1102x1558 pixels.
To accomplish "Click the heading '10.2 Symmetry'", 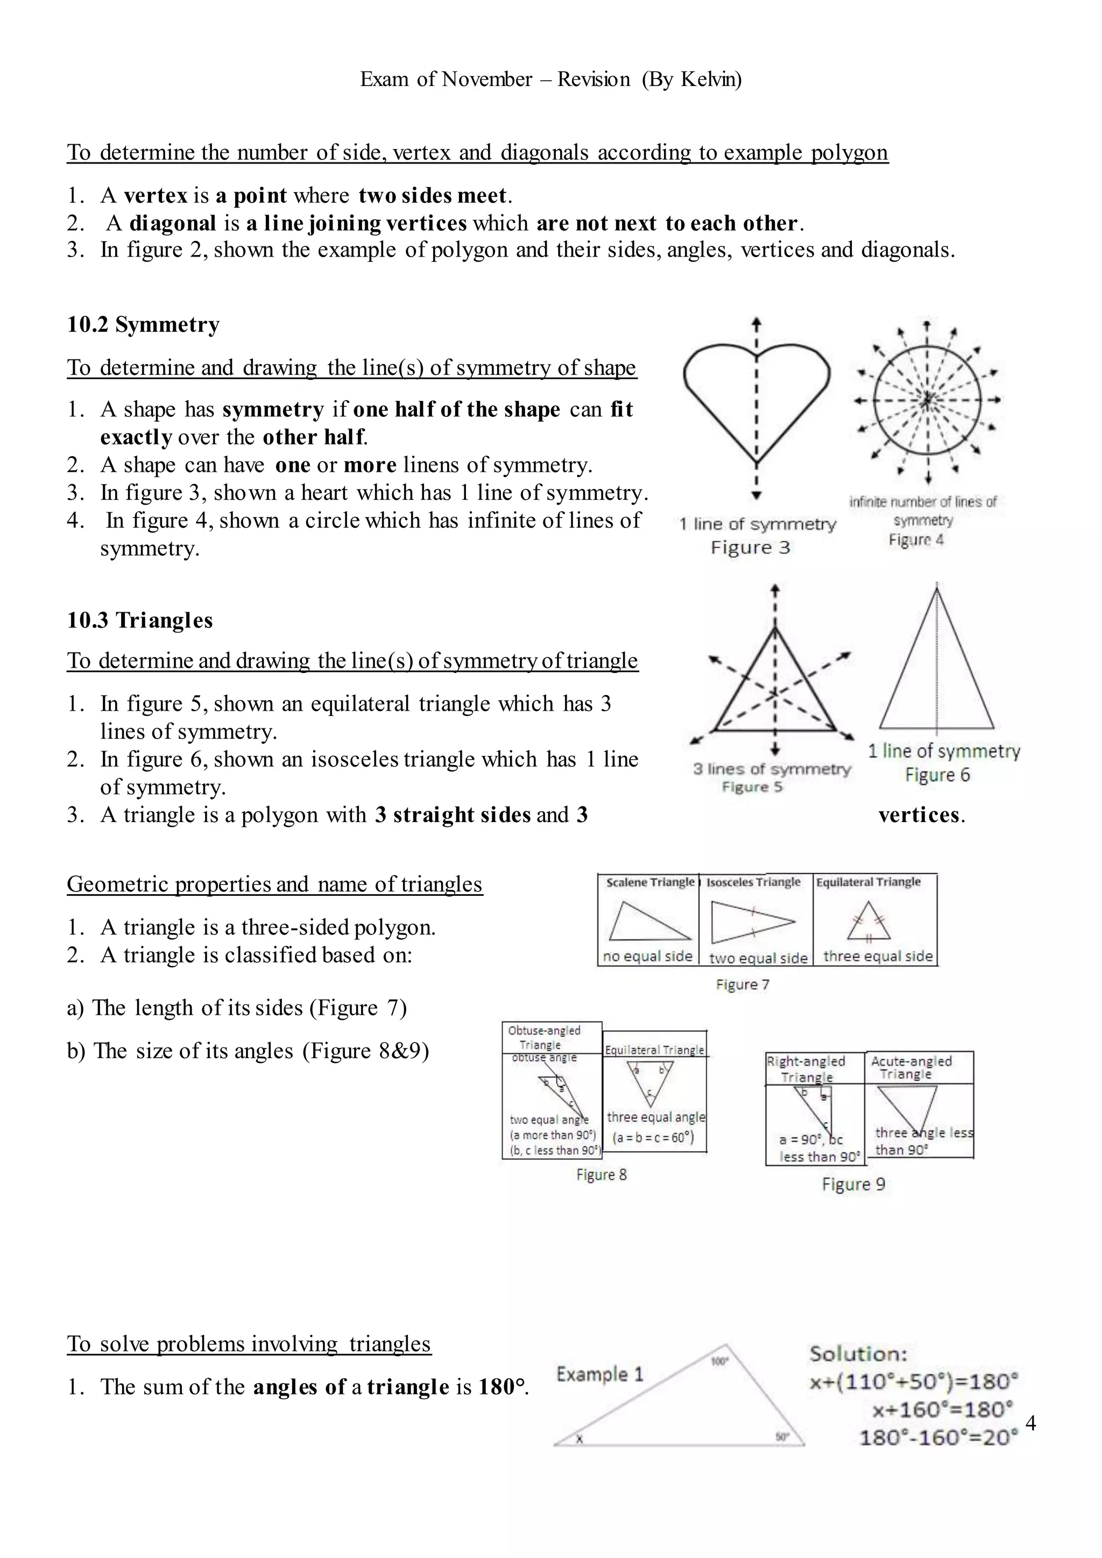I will pos(143,324).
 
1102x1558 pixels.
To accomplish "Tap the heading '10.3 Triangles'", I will pos(140,620).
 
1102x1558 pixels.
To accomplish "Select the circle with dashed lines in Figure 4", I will pos(927,400).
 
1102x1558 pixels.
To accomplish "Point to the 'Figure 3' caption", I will pos(751,548).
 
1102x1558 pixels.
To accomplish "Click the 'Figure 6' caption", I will pos(937,775).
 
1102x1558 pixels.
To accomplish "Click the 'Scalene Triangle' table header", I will pos(649,882).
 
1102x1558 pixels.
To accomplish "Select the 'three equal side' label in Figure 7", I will pos(878,956).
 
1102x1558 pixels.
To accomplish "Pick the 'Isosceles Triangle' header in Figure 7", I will pos(753,882).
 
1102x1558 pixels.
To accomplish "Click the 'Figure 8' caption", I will pos(601,1174).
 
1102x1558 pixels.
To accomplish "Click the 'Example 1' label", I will pos(599,1374).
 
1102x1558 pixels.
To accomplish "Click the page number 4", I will pos(1030,1424).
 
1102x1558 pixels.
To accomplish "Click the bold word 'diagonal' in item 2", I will pos(172,223).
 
